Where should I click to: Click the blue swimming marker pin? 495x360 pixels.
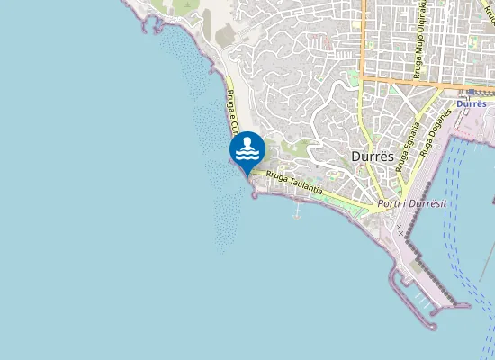[247, 149]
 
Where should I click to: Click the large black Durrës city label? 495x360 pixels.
[372, 157]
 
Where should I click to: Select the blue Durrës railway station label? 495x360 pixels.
[471, 104]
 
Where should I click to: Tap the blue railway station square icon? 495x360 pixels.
[471, 92]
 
